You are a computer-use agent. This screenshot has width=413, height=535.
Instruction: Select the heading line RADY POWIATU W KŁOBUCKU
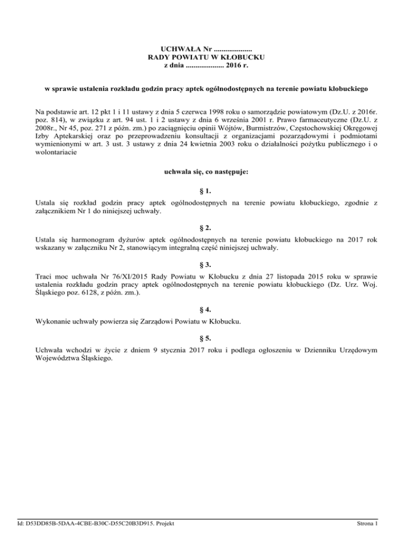pyautogui.click(x=206, y=57)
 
